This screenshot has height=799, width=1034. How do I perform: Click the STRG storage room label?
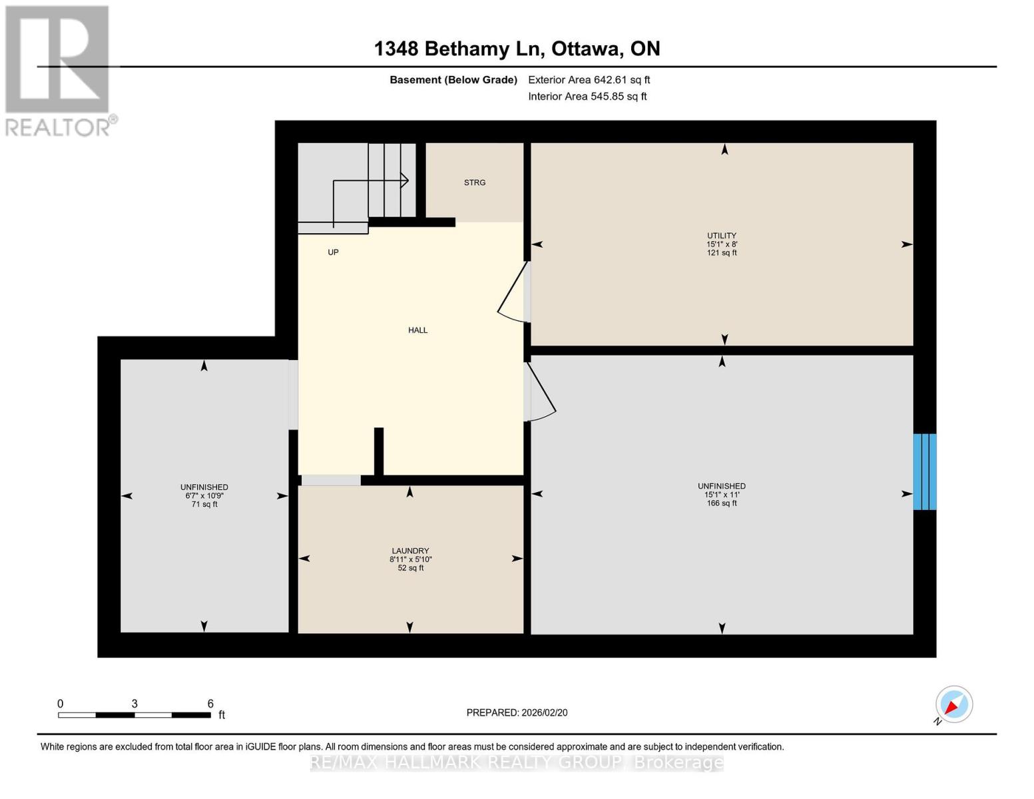coord(475,182)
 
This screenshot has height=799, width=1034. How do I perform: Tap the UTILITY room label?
coord(722,236)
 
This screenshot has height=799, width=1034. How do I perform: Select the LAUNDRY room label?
coord(410,551)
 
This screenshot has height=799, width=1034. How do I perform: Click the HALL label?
coord(418,330)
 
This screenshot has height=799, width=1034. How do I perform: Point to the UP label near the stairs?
coord(333,252)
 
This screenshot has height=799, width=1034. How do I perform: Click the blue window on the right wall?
coord(925,472)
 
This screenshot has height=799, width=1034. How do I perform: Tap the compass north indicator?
coord(953,704)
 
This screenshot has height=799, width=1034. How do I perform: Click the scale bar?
coord(134,715)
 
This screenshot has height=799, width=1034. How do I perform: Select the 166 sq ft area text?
coord(722,503)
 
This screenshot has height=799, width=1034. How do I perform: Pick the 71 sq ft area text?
coord(204,505)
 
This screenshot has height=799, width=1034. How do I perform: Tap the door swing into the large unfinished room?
coord(540,393)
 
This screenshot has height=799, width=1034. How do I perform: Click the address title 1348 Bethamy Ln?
coord(517,49)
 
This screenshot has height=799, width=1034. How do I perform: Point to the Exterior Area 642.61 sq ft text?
coord(589,80)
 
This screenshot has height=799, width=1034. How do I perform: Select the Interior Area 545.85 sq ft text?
coord(587,97)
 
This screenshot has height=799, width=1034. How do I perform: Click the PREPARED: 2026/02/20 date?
coord(517,712)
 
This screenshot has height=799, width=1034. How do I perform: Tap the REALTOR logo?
coord(59,70)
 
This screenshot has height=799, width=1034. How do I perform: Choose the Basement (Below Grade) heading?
coord(453,80)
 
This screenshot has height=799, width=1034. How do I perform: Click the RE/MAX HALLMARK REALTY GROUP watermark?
coord(517,762)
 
